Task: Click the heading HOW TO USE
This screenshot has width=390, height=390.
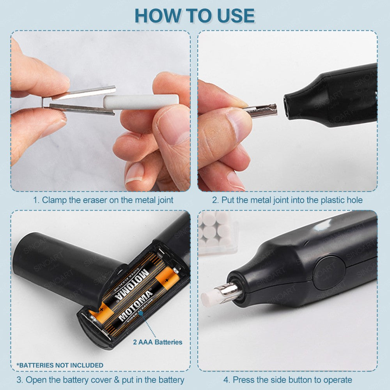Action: pyautogui.click(x=195, y=16)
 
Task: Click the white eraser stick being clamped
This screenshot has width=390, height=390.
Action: pyautogui.click(x=141, y=102)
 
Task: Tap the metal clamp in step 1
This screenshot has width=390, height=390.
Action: pyautogui.click(x=80, y=101)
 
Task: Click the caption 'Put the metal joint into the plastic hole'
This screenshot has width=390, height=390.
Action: pyautogui.click(x=287, y=200)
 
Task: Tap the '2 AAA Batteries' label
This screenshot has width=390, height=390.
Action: pyautogui.click(x=158, y=342)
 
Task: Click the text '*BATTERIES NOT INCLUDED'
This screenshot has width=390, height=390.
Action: pyautogui.click(x=60, y=365)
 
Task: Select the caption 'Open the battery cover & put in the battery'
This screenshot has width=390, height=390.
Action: pyautogui.click(x=101, y=380)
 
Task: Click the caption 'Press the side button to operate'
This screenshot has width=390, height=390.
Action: pyautogui.click(x=287, y=380)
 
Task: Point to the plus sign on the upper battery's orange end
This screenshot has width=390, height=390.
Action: pyautogui.click(x=167, y=280)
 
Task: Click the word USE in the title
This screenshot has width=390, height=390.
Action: pyautogui.click(x=236, y=16)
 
